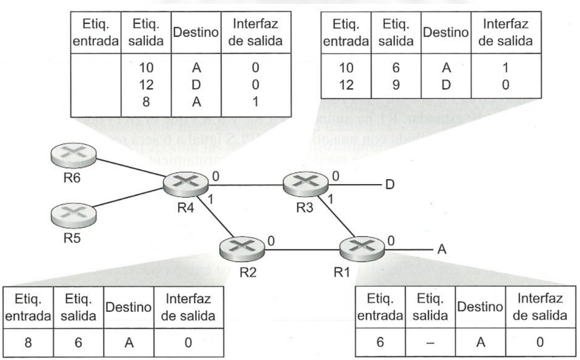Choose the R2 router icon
(x=240, y=250)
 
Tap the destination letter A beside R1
(x=443, y=250)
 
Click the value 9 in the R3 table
(x=391, y=84)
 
